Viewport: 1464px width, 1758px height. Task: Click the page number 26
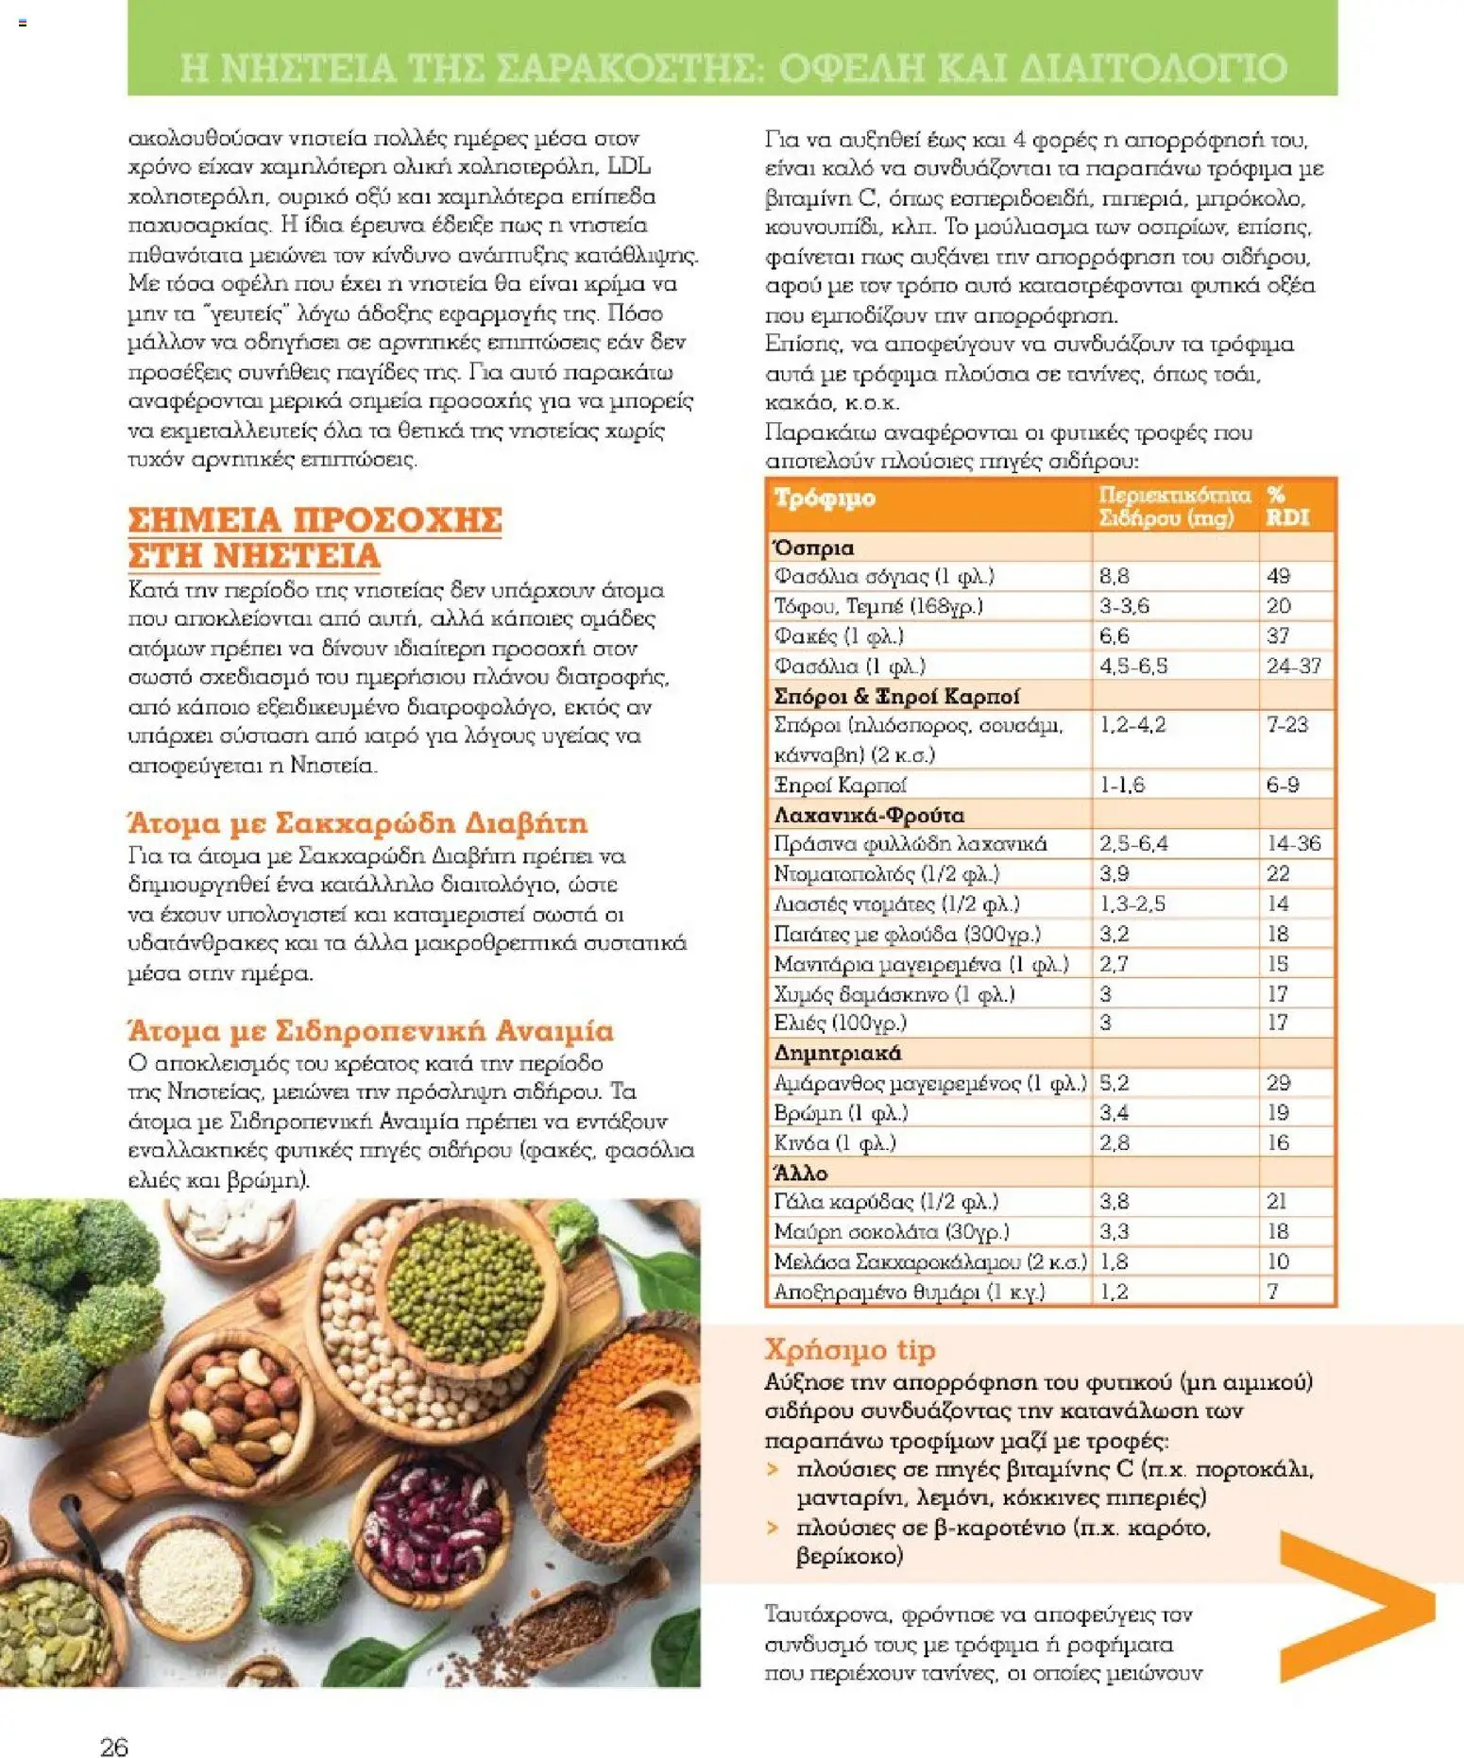coord(114,1746)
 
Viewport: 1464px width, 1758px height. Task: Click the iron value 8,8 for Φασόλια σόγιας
coord(1115,576)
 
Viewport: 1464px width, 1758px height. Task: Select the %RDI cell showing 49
coord(1278,576)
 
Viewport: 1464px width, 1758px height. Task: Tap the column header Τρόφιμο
coord(825,498)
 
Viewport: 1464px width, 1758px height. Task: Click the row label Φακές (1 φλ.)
coord(839,636)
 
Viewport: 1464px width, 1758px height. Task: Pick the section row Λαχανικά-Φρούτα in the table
coord(869,815)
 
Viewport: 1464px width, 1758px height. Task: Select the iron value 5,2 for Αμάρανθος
coord(1115,1083)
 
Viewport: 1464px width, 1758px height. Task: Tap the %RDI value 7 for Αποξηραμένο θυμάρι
coord(1273,1291)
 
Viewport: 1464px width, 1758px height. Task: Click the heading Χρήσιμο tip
coord(849,1349)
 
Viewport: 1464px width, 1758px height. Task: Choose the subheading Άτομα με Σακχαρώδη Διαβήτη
coord(357,823)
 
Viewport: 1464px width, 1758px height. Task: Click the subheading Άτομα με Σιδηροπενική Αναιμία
coord(370,1030)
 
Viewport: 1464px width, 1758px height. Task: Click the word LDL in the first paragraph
coord(628,167)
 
